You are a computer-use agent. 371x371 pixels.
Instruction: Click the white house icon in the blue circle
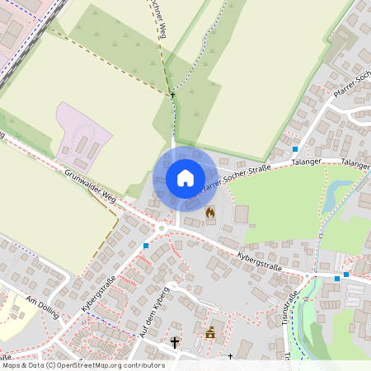(x=185, y=177)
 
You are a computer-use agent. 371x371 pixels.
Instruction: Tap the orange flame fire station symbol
(x=210, y=213)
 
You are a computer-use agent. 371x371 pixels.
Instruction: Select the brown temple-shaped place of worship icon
(x=210, y=333)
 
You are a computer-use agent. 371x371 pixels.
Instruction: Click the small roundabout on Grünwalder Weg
(x=162, y=227)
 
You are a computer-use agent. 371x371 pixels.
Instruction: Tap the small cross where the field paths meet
(x=172, y=96)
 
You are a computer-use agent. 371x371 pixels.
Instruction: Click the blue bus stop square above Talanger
(x=294, y=148)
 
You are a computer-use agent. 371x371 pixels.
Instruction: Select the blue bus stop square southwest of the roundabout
(x=146, y=246)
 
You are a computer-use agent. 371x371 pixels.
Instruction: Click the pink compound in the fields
(x=82, y=136)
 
